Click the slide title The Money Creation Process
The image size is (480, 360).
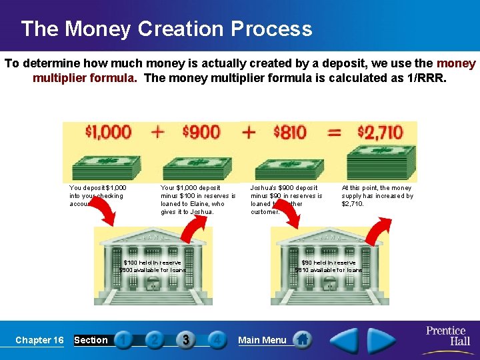coord(166,29)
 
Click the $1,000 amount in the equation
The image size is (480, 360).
coord(108,131)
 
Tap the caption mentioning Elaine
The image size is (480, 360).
coord(198,200)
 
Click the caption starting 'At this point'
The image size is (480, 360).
coord(377,196)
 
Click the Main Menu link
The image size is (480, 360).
coord(262,340)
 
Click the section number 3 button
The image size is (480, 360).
coord(186,340)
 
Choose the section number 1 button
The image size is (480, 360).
coord(124,340)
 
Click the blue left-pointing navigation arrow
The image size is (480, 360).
coord(345,341)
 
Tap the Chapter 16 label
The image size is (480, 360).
coord(39,340)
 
